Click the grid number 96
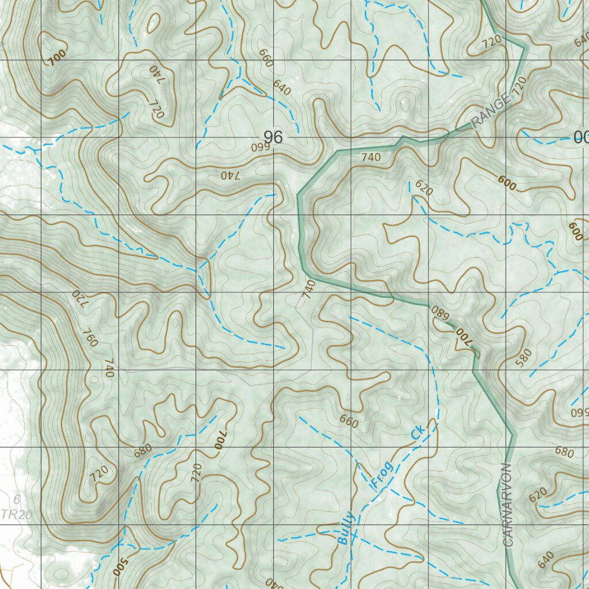click(x=273, y=137)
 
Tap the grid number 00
click(x=580, y=137)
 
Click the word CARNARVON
click(x=507, y=504)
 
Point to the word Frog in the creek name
click(x=383, y=475)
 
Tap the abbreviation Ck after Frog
click(x=418, y=433)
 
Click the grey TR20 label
click(x=16, y=515)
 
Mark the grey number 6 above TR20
click(x=17, y=500)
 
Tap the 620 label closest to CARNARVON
click(x=537, y=494)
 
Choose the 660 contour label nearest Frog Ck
click(x=349, y=421)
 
